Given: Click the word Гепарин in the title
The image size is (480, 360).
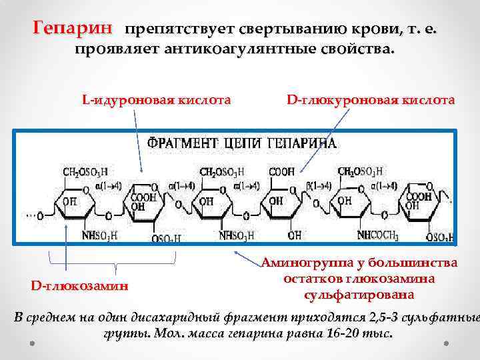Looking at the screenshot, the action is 73,29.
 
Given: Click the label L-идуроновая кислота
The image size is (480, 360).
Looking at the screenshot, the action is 156,101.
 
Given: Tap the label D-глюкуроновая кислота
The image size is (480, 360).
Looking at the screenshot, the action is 371,101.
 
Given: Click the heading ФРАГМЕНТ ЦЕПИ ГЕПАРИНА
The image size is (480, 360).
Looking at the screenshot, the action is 241,143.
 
